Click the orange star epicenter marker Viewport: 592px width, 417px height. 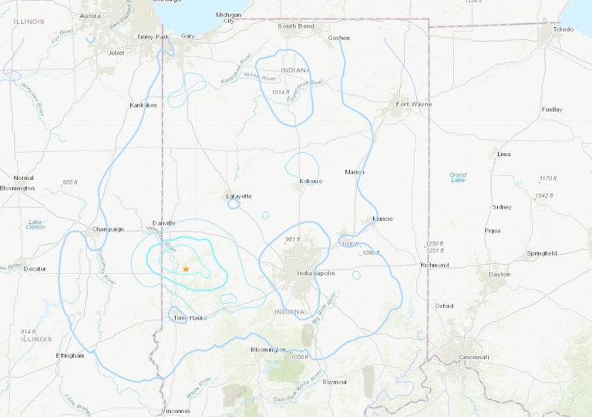(x=186, y=268)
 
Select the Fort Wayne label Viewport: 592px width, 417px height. (x=414, y=103)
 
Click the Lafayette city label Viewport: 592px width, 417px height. (x=239, y=196)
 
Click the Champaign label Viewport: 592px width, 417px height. (x=109, y=229)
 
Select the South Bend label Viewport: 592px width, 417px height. (x=296, y=25)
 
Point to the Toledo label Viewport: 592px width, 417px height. (x=563, y=29)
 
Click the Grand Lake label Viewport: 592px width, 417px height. (x=458, y=178)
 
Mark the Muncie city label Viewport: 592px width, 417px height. (x=382, y=219)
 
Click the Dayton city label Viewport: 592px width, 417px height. (x=499, y=275)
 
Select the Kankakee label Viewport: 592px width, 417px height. (x=143, y=104)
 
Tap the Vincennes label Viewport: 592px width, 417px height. (x=177, y=411)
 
